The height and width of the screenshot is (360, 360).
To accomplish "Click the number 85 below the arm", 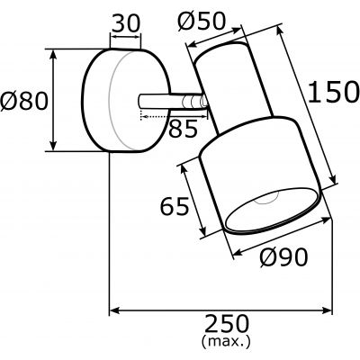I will [x=182, y=129].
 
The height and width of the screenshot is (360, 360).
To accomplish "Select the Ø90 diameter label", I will [x=283, y=257].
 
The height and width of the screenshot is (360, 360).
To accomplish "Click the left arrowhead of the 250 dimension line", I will [x=114, y=311].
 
